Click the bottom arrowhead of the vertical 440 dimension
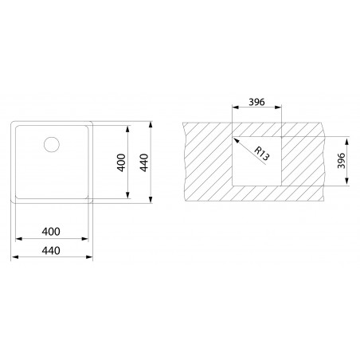(x=152, y=201)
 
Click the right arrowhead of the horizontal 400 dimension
(x=87, y=241)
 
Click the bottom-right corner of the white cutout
(x=281, y=183)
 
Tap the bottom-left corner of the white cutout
(x=233, y=183)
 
